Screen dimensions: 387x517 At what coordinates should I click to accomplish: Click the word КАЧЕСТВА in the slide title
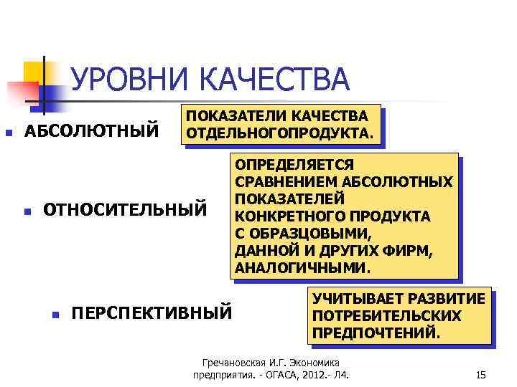pyautogui.click(x=274, y=80)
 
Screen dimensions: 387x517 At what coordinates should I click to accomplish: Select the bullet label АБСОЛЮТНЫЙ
pyautogui.click(x=92, y=132)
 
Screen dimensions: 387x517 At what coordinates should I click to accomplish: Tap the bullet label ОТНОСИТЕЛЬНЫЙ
pyautogui.click(x=124, y=211)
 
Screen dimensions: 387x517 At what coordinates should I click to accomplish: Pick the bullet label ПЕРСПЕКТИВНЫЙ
pyautogui.click(x=152, y=313)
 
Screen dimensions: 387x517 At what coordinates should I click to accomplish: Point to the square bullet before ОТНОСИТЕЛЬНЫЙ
pyautogui.click(x=27, y=211)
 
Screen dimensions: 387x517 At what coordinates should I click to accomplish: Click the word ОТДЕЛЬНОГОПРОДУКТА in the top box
pyautogui.click(x=279, y=133)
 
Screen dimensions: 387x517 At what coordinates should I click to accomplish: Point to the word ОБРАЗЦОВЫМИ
pyautogui.click(x=311, y=234)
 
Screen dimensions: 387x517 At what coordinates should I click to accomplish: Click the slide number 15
pyautogui.click(x=481, y=375)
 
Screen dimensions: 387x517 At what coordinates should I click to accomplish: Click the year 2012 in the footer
pyautogui.click(x=315, y=375)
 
